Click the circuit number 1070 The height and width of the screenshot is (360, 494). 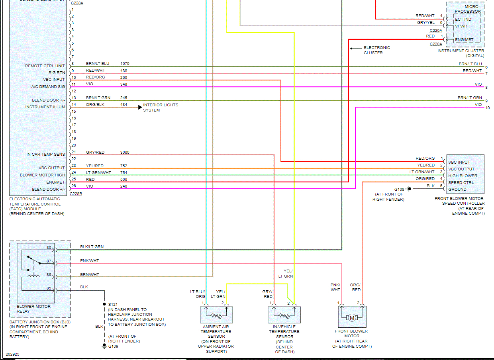(125, 64)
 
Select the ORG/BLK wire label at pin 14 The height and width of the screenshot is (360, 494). (95, 105)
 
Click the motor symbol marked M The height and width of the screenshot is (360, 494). (352, 317)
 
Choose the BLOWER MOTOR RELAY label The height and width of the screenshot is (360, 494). (33, 309)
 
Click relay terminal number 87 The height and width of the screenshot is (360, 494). (49, 261)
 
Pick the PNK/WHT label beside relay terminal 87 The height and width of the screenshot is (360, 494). (89, 261)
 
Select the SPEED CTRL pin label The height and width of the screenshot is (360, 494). (461, 183)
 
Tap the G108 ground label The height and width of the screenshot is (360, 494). (399, 189)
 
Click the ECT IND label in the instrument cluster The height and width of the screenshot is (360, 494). (463, 19)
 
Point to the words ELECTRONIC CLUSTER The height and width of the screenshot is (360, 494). (376, 50)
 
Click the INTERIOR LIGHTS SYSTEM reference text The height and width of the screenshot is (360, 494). (161, 108)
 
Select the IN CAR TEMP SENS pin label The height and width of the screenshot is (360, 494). (45, 154)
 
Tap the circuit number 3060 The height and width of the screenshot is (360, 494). (125, 153)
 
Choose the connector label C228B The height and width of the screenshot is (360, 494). (76, 194)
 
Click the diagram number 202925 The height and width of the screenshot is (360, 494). (12, 354)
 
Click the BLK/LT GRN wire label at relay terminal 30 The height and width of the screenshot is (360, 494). (92, 247)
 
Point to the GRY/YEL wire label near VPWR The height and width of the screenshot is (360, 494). (425, 23)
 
